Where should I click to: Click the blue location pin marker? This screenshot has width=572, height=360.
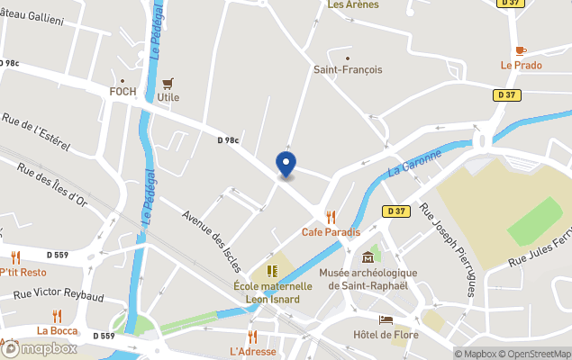(x=286, y=165)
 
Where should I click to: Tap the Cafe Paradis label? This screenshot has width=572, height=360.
(x=331, y=232)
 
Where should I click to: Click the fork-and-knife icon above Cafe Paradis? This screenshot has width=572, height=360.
(x=331, y=216)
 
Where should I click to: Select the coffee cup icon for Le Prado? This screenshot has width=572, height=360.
(x=521, y=50)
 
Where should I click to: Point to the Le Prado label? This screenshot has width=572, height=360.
(x=522, y=66)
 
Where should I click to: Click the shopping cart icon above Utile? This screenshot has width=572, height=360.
(x=168, y=83)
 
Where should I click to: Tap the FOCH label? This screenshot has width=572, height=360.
(x=123, y=92)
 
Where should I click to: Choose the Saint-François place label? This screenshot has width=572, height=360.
(x=348, y=69)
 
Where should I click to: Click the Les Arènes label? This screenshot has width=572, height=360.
(x=353, y=4)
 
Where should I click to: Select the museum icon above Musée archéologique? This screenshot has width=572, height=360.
(x=368, y=258)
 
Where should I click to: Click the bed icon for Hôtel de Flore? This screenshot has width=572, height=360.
(x=386, y=319)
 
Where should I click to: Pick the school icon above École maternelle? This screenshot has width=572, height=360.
(x=272, y=271)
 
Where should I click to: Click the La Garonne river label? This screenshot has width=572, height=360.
(x=415, y=163)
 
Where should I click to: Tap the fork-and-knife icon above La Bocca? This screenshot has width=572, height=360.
(x=58, y=316)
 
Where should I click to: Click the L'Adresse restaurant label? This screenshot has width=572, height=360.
(x=252, y=351)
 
